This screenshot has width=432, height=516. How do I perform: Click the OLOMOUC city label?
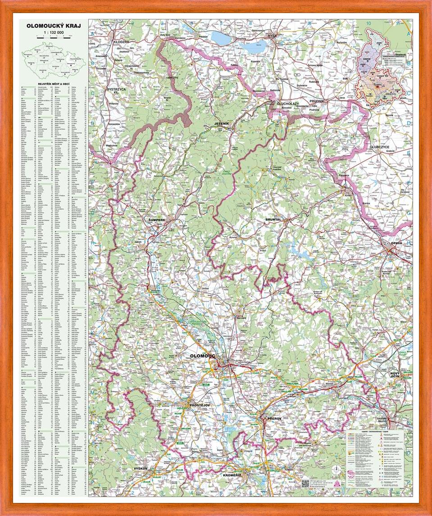pyautogui.click(x=204, y=356)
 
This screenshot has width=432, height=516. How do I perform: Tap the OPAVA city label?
pyautogui.click(x=396, y=243)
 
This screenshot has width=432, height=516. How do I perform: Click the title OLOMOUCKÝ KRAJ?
pyautogui.click(x=54, y=26)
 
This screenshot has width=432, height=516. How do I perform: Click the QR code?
pyautogui.click(x=305, y=484)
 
